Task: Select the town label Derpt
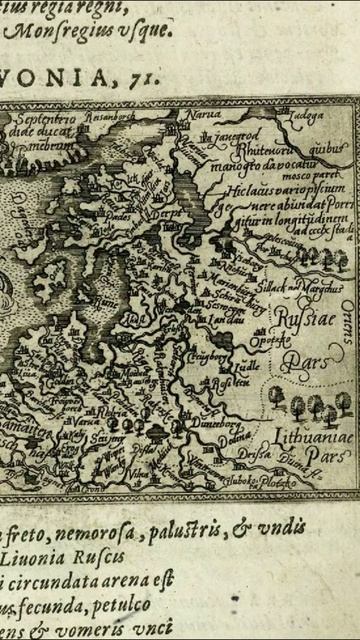click(x=162, y=212)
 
